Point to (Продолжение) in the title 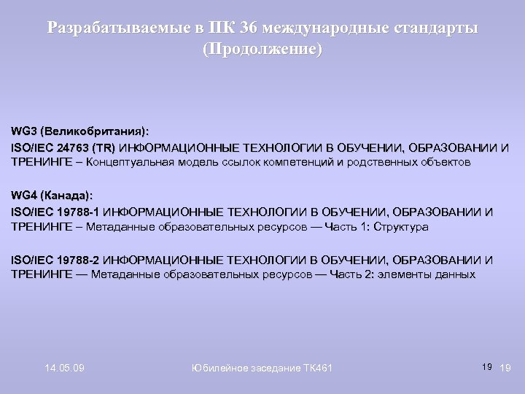(262, 50)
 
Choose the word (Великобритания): (95, 132)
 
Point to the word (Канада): (67, 196)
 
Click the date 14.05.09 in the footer (63, 367)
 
